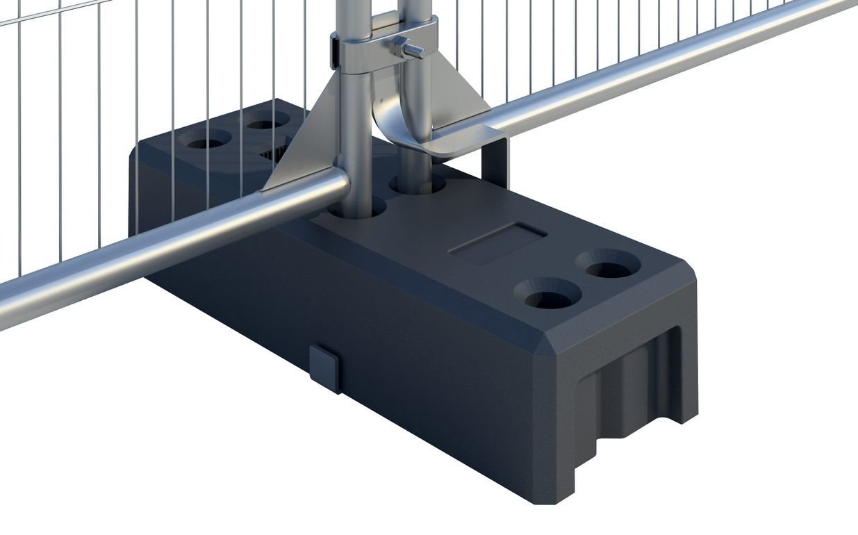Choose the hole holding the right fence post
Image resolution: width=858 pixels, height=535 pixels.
click(418, 184)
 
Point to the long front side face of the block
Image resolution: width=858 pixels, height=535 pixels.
click(403, 361)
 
